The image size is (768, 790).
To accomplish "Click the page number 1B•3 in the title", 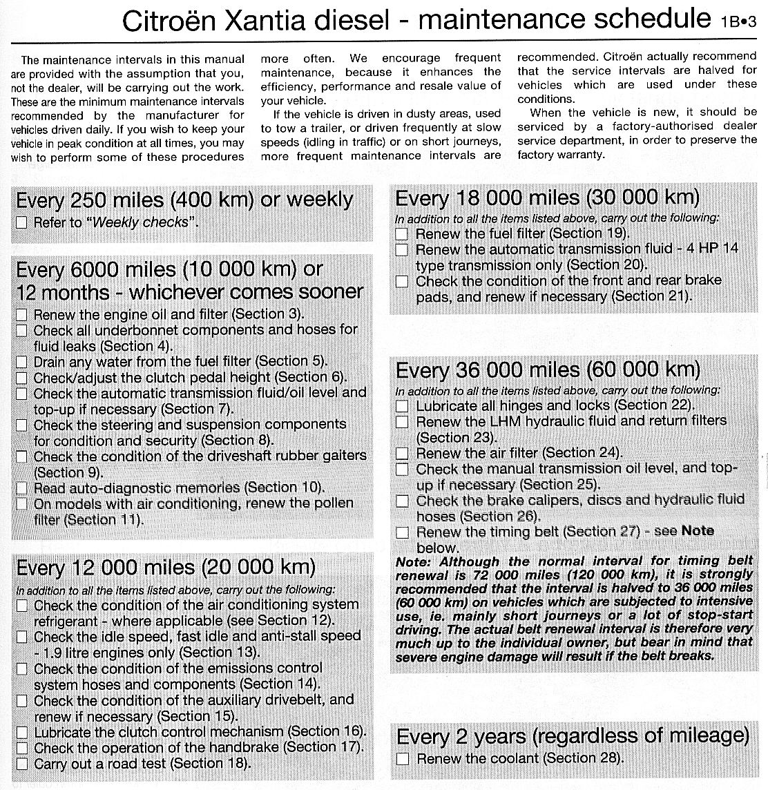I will tap(738, 21).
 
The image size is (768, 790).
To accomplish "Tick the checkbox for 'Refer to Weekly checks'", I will tap(22, 222).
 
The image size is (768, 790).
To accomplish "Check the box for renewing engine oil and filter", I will tap(22, 315).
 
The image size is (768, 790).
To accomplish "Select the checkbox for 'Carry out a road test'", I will tap(22, 764).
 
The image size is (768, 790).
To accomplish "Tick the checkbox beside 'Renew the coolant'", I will tap(403, 759).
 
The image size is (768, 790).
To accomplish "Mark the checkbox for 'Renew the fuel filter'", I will tap(402, 234).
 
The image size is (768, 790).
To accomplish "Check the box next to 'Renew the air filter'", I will tap(402, 454).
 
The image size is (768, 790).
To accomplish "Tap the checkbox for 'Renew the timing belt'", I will tap(402, 532).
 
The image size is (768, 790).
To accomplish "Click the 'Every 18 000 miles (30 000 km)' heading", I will tap(547, 198).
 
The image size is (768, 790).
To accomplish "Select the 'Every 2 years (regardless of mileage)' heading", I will tap(573, 735).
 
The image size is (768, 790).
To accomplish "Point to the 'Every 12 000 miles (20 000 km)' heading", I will tap(166, 568).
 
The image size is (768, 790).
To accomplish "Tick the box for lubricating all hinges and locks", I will tap(402, 406).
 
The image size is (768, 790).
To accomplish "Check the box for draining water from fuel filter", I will tap(22, 362).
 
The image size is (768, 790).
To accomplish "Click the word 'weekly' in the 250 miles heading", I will tap(319, 200).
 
